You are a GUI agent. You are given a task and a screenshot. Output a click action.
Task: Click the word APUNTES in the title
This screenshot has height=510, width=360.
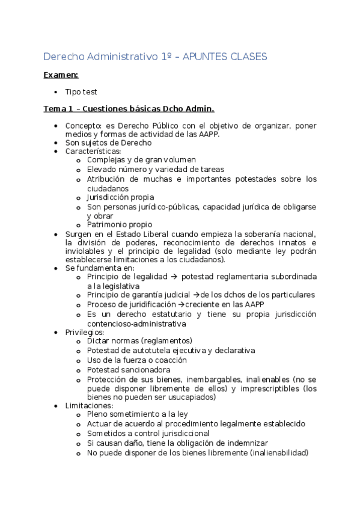(x=206, y=57)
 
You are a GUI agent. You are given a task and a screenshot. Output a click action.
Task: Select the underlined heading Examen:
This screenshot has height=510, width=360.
(x=61, y=75)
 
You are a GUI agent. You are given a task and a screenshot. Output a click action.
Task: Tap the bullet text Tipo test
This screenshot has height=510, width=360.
(x=81, y=92)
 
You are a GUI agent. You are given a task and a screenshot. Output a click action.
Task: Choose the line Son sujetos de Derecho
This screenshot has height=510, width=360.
(x=108, y=143)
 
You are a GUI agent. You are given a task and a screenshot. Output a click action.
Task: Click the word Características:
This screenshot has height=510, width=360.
(x=93, y=152)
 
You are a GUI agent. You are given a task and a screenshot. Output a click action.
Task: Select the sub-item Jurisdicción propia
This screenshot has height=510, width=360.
(x=120, y=197)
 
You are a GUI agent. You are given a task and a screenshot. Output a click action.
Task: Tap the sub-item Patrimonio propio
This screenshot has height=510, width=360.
(x=120, y=225)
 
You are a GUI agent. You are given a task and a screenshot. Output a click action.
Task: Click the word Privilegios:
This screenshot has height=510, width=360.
(x=85, y=332)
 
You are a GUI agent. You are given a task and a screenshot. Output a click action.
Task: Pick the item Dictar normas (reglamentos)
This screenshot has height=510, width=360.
(x=139, y=340)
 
